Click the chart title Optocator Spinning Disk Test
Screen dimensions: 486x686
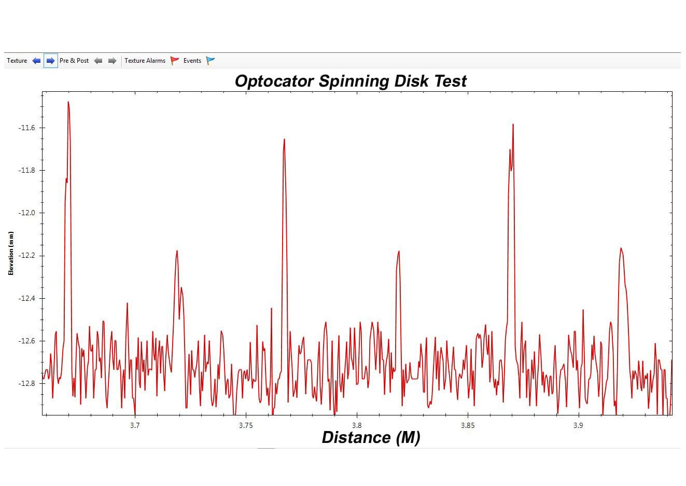coord(351,81)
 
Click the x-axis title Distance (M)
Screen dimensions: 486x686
coord(371,437)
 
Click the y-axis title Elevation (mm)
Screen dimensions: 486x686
coord(11,253)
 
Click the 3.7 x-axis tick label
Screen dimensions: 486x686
coord(135,425)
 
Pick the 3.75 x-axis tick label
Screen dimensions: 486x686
coord(246,425)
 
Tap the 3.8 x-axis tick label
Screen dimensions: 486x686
coord(357,425)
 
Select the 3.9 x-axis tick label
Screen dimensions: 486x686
coord(578,425)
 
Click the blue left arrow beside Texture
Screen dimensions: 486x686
coord(36,61)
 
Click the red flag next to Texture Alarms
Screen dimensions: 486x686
coord(175,61)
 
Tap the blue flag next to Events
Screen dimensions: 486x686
coord(211,61)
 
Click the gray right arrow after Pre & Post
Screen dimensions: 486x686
coord(112,61)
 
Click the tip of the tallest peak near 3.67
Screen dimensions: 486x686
coord(68,102)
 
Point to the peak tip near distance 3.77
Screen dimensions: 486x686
coord(284,140)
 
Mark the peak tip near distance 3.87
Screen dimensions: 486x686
coord(513,124)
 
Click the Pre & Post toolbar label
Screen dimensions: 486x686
coord(74,61)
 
